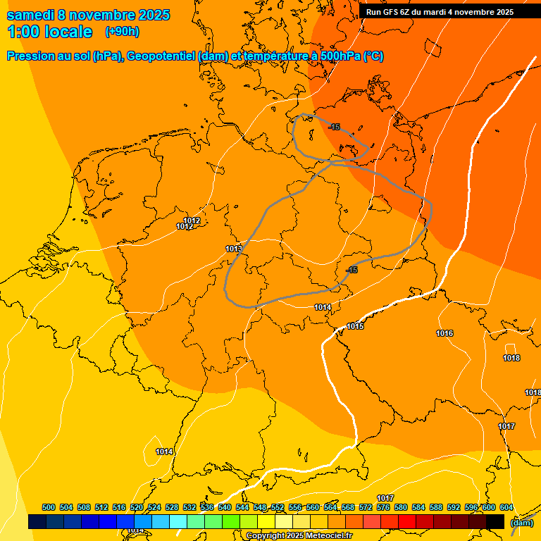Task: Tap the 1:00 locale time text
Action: click(49, 32)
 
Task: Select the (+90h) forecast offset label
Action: click(122, 32)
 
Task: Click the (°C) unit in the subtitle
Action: click(373, 56)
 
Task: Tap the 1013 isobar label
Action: click(234, 249)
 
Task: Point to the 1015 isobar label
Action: click(355, 326)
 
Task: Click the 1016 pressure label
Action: click(444, 333)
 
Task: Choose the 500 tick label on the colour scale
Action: click(49, 507)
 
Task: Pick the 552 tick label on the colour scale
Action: click(278, 507)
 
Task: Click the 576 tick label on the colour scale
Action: click(383, 507)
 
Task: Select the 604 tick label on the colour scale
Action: click(506, 507)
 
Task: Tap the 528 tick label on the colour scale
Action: click(172, 507)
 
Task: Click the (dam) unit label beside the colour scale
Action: click(521, 523)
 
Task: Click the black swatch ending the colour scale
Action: click(495, 521)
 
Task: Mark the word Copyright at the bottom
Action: click(265, 536)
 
